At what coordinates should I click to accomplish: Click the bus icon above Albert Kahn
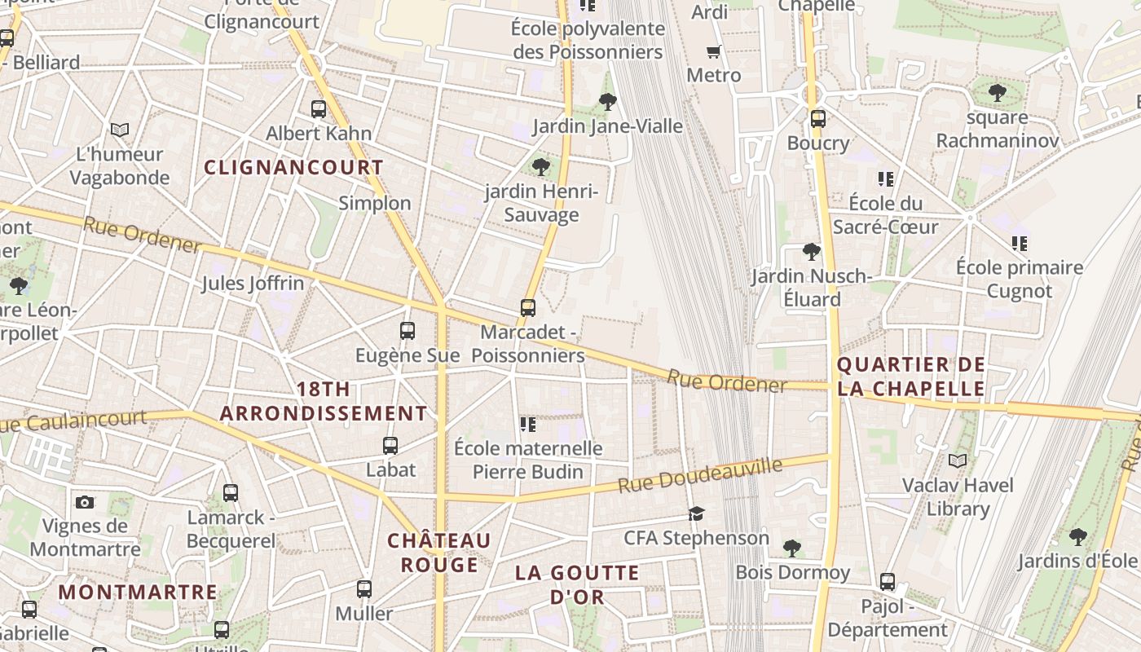319,108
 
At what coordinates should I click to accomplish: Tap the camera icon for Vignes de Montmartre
85,502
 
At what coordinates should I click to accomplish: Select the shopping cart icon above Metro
714,52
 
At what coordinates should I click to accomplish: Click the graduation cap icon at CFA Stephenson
696,513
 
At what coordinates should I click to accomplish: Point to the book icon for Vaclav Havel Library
958,461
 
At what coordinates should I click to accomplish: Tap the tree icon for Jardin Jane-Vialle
607,102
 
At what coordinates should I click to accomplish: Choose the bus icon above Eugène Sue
407,331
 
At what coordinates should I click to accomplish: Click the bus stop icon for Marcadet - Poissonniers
528,308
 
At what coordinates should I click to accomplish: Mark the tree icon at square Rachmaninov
997,93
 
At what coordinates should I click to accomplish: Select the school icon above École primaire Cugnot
1020,243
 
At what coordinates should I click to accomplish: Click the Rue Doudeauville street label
700,474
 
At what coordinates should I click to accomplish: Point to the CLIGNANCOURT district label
293,168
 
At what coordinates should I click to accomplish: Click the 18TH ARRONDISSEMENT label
324,401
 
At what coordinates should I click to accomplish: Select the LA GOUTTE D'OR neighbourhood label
577,584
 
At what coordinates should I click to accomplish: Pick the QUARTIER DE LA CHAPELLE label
911,377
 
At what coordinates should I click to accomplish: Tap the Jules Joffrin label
253,284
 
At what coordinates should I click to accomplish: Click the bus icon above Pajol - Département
888,582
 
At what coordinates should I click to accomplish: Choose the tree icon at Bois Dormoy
791,548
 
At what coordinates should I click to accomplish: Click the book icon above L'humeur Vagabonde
120,130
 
